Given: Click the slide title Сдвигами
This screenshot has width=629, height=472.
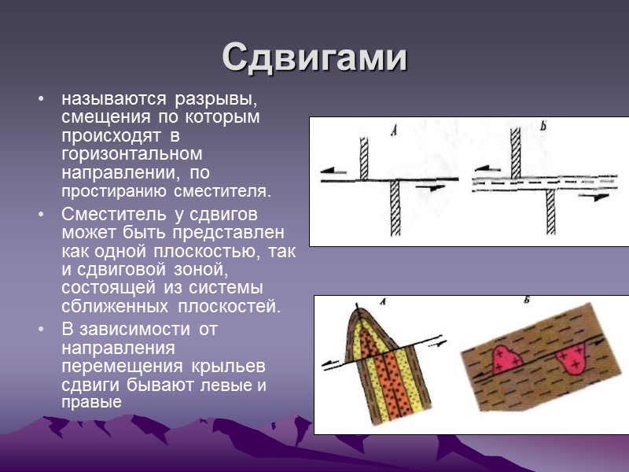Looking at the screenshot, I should [x=314, y=58].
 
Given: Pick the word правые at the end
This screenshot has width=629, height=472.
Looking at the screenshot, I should [x=91, y=402].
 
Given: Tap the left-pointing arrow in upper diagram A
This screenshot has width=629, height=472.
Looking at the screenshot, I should [x=335, y=168].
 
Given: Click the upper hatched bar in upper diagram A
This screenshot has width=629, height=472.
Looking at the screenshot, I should [x=364, y=157].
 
